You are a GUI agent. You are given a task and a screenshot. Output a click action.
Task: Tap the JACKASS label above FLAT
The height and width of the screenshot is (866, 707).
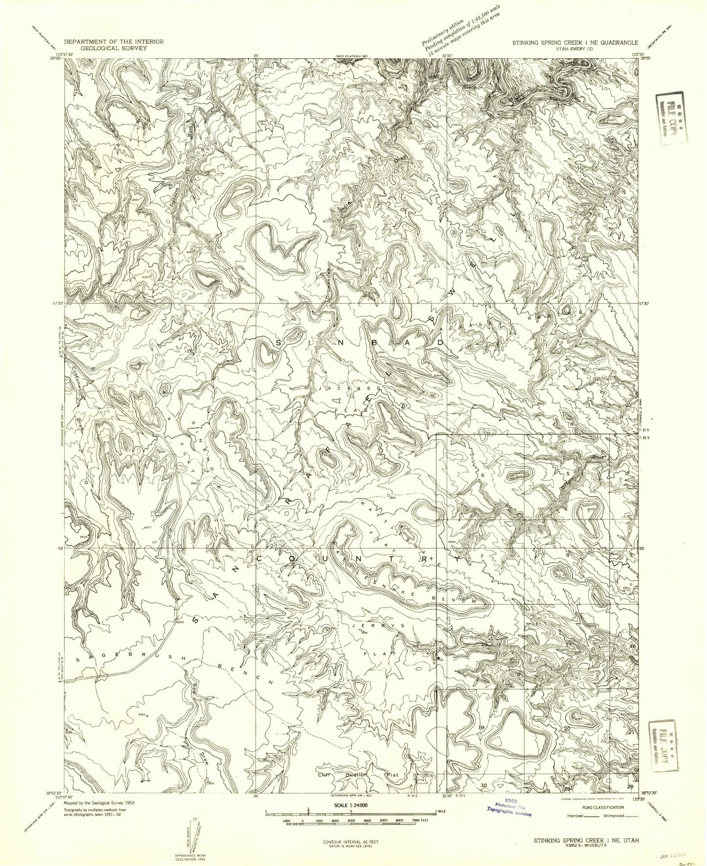(x=350, y=389)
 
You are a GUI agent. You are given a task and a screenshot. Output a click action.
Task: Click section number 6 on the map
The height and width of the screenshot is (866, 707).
(x=482, y=476)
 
